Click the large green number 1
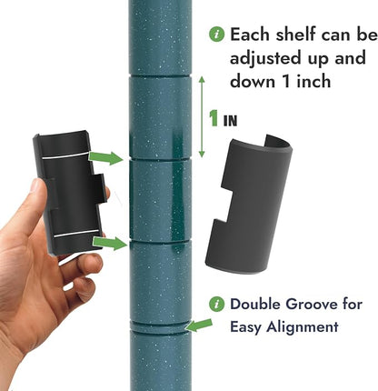(x=214, y=118)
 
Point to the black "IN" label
(x=230, y=121)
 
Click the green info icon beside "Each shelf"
(x=217, y=35)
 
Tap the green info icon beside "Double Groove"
(x=217, y=304)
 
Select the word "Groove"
(x=316, y=304)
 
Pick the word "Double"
(x=256, y=304)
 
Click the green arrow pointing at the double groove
(x=199, y=326)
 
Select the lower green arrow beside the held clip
(x=110, y=243)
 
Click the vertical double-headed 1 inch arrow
(x=202, y=117)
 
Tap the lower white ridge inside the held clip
(x=77, y=234)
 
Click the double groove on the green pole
(x=160, y=326)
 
